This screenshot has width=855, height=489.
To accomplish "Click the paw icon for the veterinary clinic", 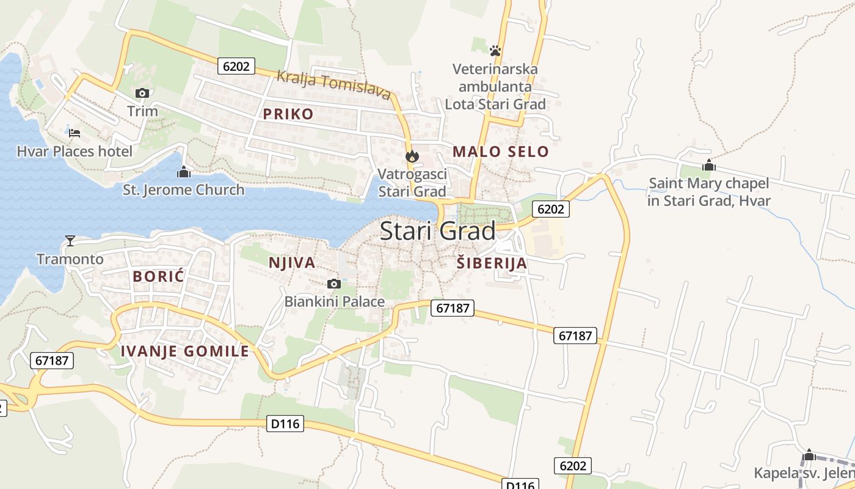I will (495, 50).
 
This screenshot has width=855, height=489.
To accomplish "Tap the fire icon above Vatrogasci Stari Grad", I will (412, 156).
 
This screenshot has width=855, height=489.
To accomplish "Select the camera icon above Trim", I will (142, 93).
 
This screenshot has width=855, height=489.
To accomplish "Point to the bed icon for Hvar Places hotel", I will (75, 133).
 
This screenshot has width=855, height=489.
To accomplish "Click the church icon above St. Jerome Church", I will (183, 172).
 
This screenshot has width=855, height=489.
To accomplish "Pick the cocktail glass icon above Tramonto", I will (70, 241).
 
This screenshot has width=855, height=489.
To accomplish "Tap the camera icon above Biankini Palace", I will (334, 284).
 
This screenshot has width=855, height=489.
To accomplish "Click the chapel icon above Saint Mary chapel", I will (708, 165).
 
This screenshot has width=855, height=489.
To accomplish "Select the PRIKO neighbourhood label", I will (288, 114).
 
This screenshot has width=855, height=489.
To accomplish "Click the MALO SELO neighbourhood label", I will (501, 152).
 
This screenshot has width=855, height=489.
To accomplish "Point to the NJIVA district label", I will (292, 263).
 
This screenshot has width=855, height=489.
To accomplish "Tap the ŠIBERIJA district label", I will (492, 263).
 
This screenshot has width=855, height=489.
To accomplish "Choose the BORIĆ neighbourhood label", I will (158, 276).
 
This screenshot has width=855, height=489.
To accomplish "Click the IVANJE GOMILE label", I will (184, 351).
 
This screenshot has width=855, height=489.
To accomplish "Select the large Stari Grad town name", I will (438, 231).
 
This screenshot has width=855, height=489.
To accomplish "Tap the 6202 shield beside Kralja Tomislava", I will (236, 66).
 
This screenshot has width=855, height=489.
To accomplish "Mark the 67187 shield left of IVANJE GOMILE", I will (52, 360).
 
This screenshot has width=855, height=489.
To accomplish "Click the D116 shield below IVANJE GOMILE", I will (285, 423).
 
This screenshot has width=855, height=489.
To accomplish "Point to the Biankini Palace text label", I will (335, 301).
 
